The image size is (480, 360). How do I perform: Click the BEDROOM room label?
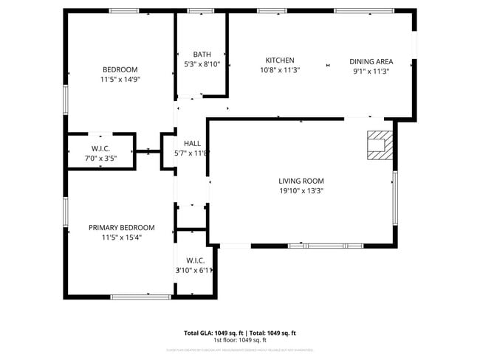120,70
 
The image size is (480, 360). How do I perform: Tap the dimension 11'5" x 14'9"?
120,80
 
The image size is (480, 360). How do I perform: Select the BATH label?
202,55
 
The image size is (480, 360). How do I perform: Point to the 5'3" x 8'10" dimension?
202,64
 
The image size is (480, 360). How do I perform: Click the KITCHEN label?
280,60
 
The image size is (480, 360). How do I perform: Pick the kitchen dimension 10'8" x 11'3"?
280,71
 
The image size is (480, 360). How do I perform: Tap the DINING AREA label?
371,61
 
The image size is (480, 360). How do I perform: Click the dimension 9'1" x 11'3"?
371,71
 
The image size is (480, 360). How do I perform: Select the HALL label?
192,143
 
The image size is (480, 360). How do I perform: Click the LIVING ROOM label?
301,181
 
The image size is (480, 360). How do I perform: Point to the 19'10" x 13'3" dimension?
301,191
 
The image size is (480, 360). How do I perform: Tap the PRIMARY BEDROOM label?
121,228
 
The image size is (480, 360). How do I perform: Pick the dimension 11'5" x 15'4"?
121,238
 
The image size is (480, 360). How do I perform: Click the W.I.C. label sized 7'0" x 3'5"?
100,148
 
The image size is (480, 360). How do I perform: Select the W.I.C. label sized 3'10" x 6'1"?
195,260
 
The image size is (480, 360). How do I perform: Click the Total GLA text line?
239,333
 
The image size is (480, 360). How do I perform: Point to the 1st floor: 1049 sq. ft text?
239,340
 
